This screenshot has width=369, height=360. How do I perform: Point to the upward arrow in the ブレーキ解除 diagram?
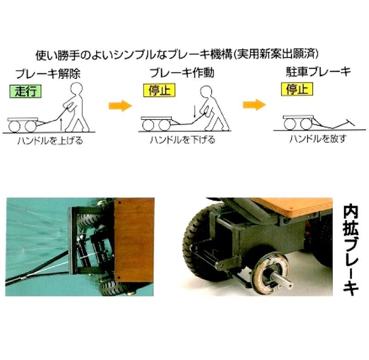pos(61,123)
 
